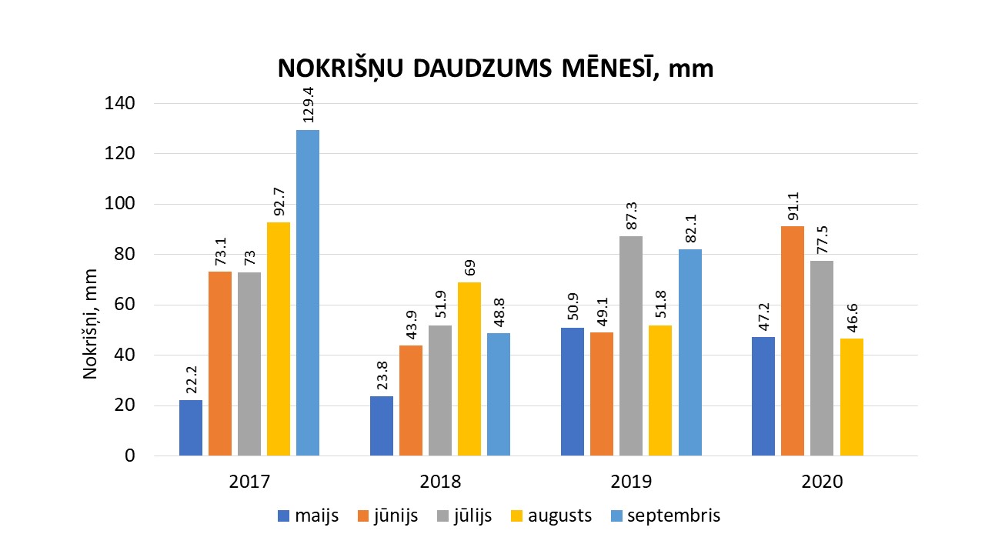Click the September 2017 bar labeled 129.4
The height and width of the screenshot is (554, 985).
(308, 292)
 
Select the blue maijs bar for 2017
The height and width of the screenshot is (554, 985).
(191, 428)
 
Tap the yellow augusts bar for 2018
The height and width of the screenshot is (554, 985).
(469, 369)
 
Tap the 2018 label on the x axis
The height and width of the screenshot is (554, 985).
(440, 482)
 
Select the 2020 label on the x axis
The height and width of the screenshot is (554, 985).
(822, 482)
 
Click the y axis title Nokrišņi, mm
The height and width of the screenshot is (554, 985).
(91, 323)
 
